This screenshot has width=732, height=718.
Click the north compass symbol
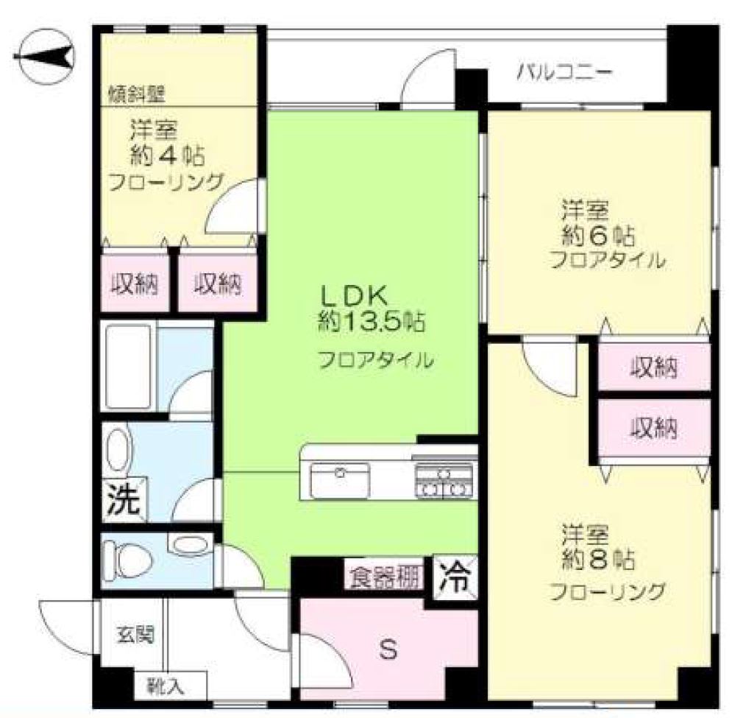coord(44,57)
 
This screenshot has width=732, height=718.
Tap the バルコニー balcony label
coord(564,74)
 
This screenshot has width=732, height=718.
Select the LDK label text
coord(353,295)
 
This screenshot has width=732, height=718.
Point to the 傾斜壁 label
coord(137,95)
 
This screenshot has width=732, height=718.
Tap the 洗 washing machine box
coord(124,499)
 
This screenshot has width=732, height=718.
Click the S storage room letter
coord(388,650)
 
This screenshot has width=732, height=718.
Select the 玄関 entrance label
coord(135,635)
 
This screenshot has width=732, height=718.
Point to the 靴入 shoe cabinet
coord(171,686)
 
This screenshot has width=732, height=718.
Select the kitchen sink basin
coord(340,480)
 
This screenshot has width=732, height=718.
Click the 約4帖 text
coord(167,156)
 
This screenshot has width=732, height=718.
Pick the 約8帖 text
coord(598,559)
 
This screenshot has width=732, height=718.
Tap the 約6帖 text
coord(598,236)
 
